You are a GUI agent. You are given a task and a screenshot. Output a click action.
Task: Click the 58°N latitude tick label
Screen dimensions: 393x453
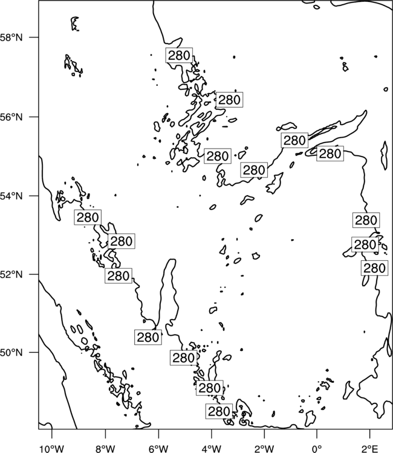coord(11,37)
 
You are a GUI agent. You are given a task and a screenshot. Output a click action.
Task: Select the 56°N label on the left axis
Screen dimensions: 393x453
coord(11,117)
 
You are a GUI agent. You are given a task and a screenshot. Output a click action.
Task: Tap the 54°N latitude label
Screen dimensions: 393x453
coord(11,196)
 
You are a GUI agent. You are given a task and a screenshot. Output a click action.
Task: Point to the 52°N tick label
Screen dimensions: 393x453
coord(11,274)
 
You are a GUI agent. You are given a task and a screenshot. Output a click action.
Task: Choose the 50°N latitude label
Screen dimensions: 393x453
coord(11,353)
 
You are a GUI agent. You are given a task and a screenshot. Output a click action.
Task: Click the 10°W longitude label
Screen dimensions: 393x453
coord(51,449)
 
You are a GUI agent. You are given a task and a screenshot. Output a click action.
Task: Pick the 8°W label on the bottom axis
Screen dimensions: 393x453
coord(105,449)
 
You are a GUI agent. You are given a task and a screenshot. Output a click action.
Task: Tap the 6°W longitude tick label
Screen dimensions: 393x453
coord(158,449)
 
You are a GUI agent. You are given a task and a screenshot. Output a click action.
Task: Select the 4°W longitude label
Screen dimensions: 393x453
coord(211,449)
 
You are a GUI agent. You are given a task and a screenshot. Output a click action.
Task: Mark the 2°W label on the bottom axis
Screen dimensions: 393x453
coord(264,449)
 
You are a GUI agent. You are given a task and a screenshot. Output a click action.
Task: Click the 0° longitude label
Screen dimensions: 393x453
coord(317,449)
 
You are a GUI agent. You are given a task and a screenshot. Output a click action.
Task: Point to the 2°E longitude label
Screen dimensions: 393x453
coord(370,449)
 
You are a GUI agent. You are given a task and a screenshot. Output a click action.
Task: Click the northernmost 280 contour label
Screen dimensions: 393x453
coord(179,55)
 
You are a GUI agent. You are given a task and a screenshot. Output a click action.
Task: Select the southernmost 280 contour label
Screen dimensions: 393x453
coord(219,411)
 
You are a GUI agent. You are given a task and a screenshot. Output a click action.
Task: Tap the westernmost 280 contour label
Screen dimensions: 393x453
coord(88,217)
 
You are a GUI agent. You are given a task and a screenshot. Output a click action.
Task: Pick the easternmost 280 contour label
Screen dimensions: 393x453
coord(374,268)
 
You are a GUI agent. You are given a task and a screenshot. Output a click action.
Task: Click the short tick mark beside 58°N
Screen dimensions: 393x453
coord(34,37)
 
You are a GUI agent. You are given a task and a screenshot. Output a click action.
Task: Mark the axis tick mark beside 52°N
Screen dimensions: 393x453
coord(34,274)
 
